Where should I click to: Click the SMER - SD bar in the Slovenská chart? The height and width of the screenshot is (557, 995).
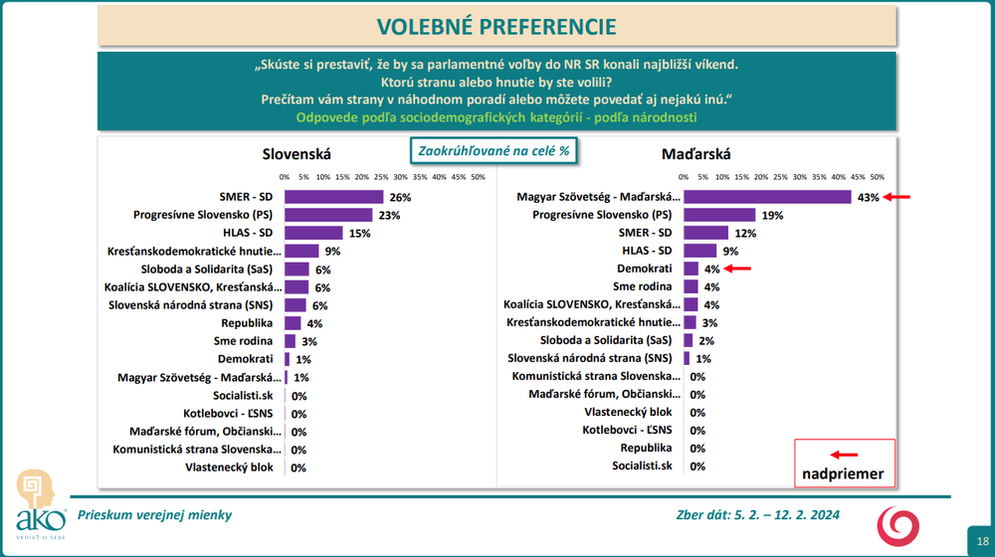pos(333,197)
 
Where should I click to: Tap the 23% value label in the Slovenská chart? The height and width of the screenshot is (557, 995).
pos(388,215)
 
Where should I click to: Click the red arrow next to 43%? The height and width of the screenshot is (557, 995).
pos(898,197)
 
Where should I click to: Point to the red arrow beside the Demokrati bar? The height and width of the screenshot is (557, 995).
pos(738,269)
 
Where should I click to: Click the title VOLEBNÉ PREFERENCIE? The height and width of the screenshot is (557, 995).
pos(497,26)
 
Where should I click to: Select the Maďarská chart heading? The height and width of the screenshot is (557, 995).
pos(696,154)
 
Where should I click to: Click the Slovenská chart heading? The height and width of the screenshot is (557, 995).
pos(297,154)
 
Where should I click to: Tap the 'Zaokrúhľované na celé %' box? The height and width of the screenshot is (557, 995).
pos(494,151)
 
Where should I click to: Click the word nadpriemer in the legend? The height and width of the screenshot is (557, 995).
pos(844,473)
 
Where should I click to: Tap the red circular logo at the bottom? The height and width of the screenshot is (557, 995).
pos(904,523)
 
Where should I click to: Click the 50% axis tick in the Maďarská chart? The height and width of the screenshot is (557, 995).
pos(878,177)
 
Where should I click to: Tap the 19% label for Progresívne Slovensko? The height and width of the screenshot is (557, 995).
pos(772,215)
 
